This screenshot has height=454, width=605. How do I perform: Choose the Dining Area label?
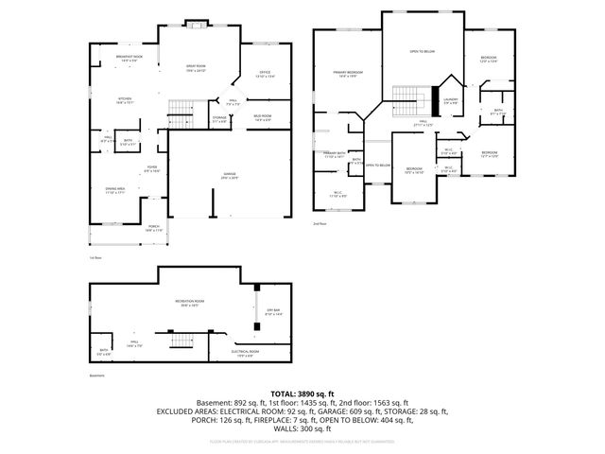pos(114,191)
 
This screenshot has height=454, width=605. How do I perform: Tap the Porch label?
pos(153,228)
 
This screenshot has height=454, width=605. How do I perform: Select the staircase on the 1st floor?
pos(183,107)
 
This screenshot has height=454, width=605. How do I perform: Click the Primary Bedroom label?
pos(349,73)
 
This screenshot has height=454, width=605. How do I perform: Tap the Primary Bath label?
pos(335,155)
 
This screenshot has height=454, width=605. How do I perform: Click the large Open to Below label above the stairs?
pos(421,51)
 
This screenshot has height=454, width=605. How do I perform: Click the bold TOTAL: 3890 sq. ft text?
pos(302,393)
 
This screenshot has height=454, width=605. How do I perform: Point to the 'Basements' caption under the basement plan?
pos(96,375)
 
